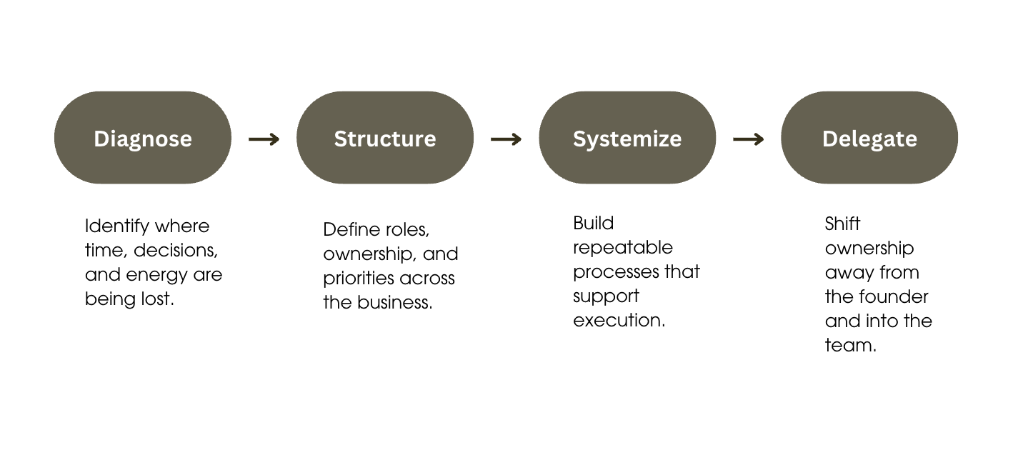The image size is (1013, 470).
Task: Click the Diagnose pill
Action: point(143,138)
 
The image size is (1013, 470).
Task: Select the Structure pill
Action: point(385,138)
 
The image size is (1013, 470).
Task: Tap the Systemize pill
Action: point(627,138)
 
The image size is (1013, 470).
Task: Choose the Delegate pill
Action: point(869,138)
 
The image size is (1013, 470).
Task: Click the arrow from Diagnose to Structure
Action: point(264,139)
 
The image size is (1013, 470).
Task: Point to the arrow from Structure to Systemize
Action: point(506,139)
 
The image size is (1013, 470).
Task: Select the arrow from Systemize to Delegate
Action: point(748,139)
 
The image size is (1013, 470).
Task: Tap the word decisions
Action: point(176,251)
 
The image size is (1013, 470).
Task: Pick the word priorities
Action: point(358,279)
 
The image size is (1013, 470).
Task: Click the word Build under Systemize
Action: point(594,224)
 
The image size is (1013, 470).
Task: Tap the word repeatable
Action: point(623,249)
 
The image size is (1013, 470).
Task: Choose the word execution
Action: point(619,321)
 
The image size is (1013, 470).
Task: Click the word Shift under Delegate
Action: point(842,224)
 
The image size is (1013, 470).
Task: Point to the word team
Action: point(850,346)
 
